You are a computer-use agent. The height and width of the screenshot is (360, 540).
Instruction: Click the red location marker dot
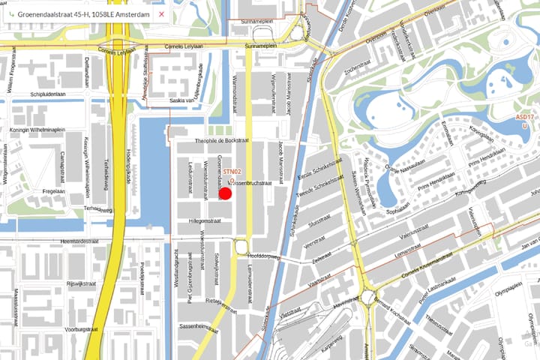click(x=225, y=193)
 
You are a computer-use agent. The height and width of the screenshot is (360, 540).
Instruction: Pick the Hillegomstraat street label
click(x=205, y=220)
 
